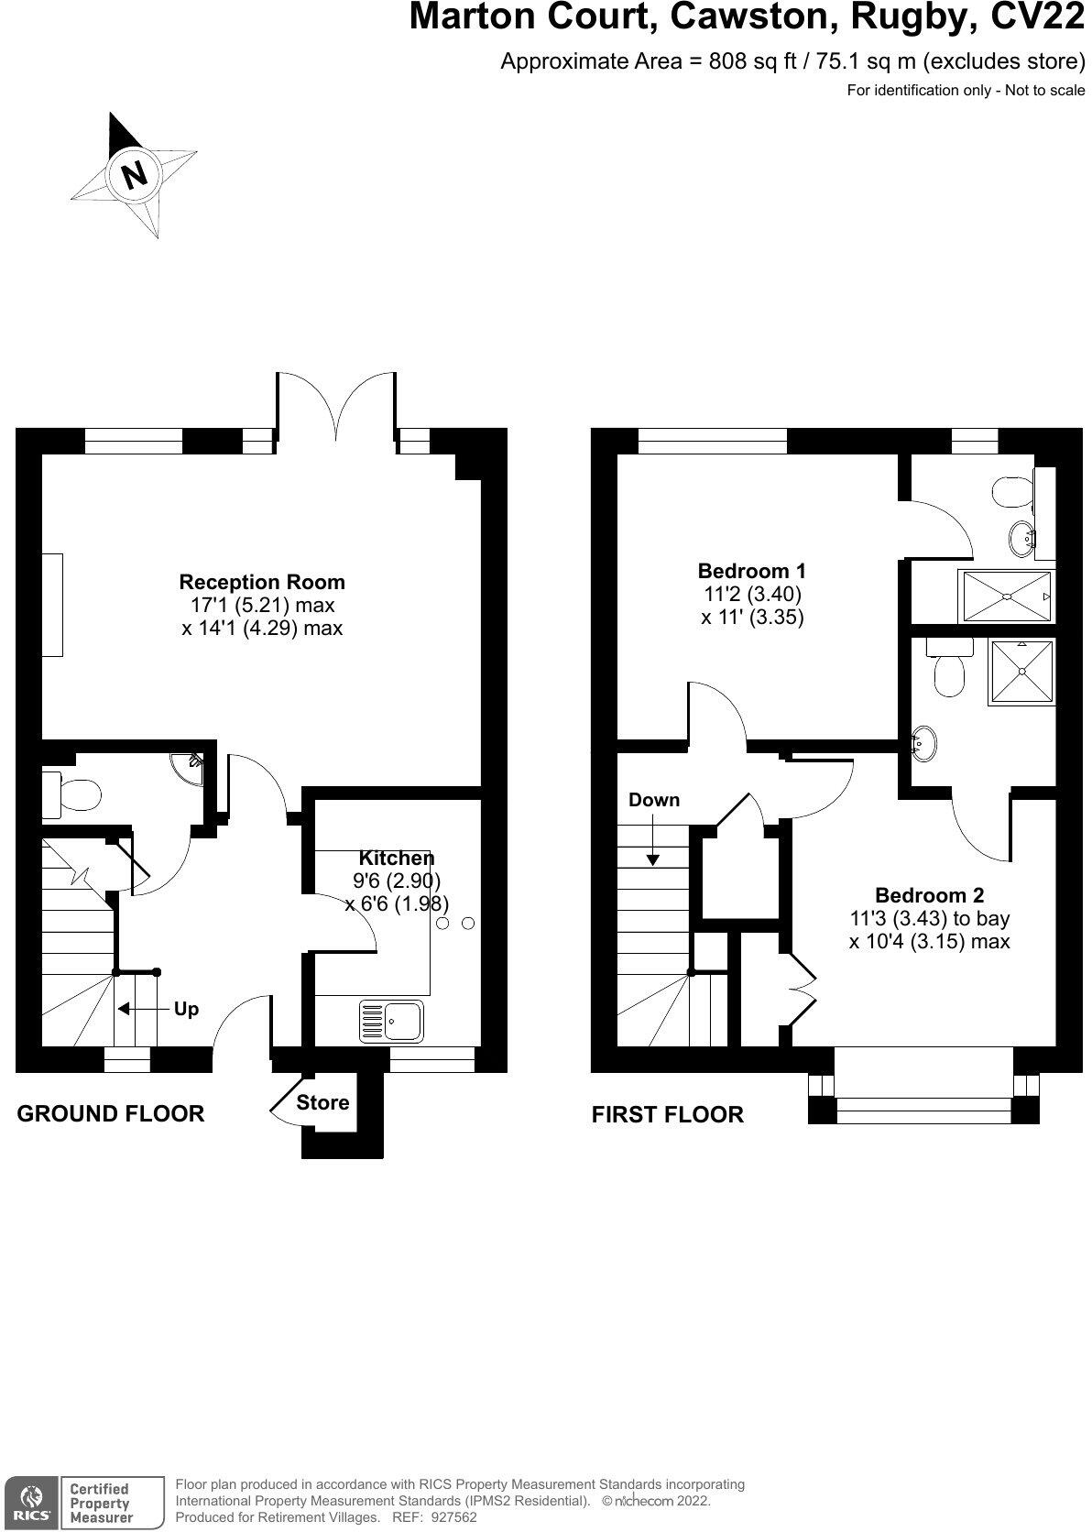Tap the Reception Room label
click(262, 582)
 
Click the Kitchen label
click(396, 858)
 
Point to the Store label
click(322, 1102)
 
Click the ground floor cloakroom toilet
click(73, 794)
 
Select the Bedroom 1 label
click(751, 570)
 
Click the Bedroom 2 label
click(929, 895)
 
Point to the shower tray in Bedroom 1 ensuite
click(1006, 596)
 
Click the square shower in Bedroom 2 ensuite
click(1021, 673)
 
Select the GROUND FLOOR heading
click(111, 1113)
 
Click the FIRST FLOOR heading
click(667, 1114)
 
